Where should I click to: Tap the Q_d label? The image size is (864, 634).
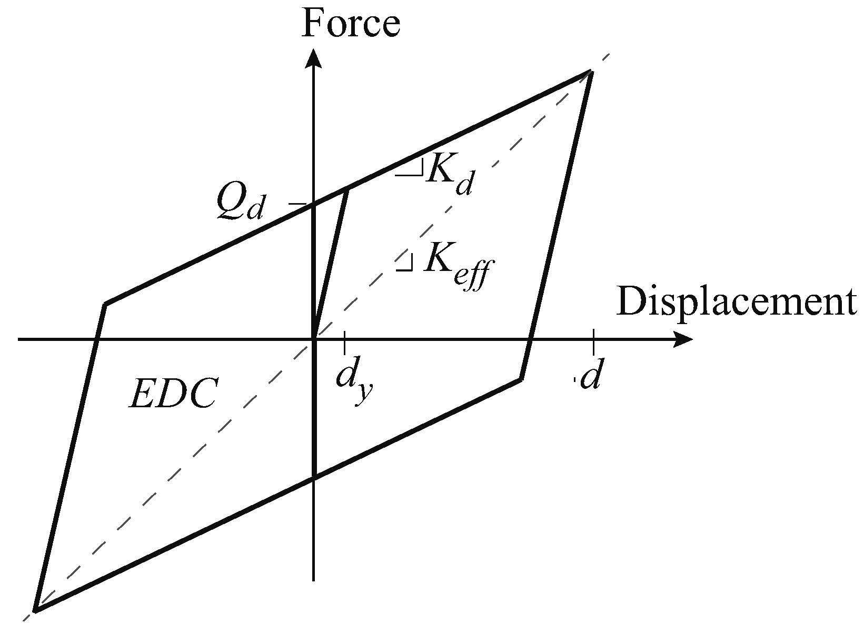(x=240, y=204)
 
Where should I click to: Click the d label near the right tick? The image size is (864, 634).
(x=590, y=378)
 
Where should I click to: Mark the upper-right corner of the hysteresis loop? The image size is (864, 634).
(x=591, y=72)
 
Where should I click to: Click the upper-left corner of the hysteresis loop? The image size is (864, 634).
(x=106, y=304)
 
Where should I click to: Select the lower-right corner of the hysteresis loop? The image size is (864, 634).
(x=521, y=378)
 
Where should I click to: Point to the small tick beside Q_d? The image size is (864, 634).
(x=298, y=204)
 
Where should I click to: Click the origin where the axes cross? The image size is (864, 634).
(x=314, y=339)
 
